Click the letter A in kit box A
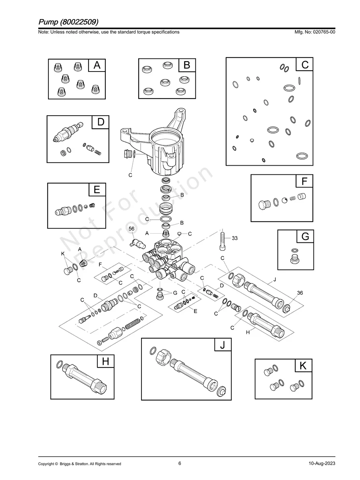point(97,66)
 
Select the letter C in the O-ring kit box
point(305,64)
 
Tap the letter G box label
point(305,237)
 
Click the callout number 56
point(132,229)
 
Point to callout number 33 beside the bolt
point(235,238)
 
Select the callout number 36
point(300,292)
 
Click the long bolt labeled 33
point(223,240)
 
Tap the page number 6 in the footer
point(180,463)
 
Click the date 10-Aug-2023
point(321,464)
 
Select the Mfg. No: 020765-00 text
point(314,32)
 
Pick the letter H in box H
point(106,362)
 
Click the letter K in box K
point(303,366)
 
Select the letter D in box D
point(101,122)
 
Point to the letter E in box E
point(97,190)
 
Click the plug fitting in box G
point(294,261)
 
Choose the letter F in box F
point(305,182)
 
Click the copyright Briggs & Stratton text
point(79,464)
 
